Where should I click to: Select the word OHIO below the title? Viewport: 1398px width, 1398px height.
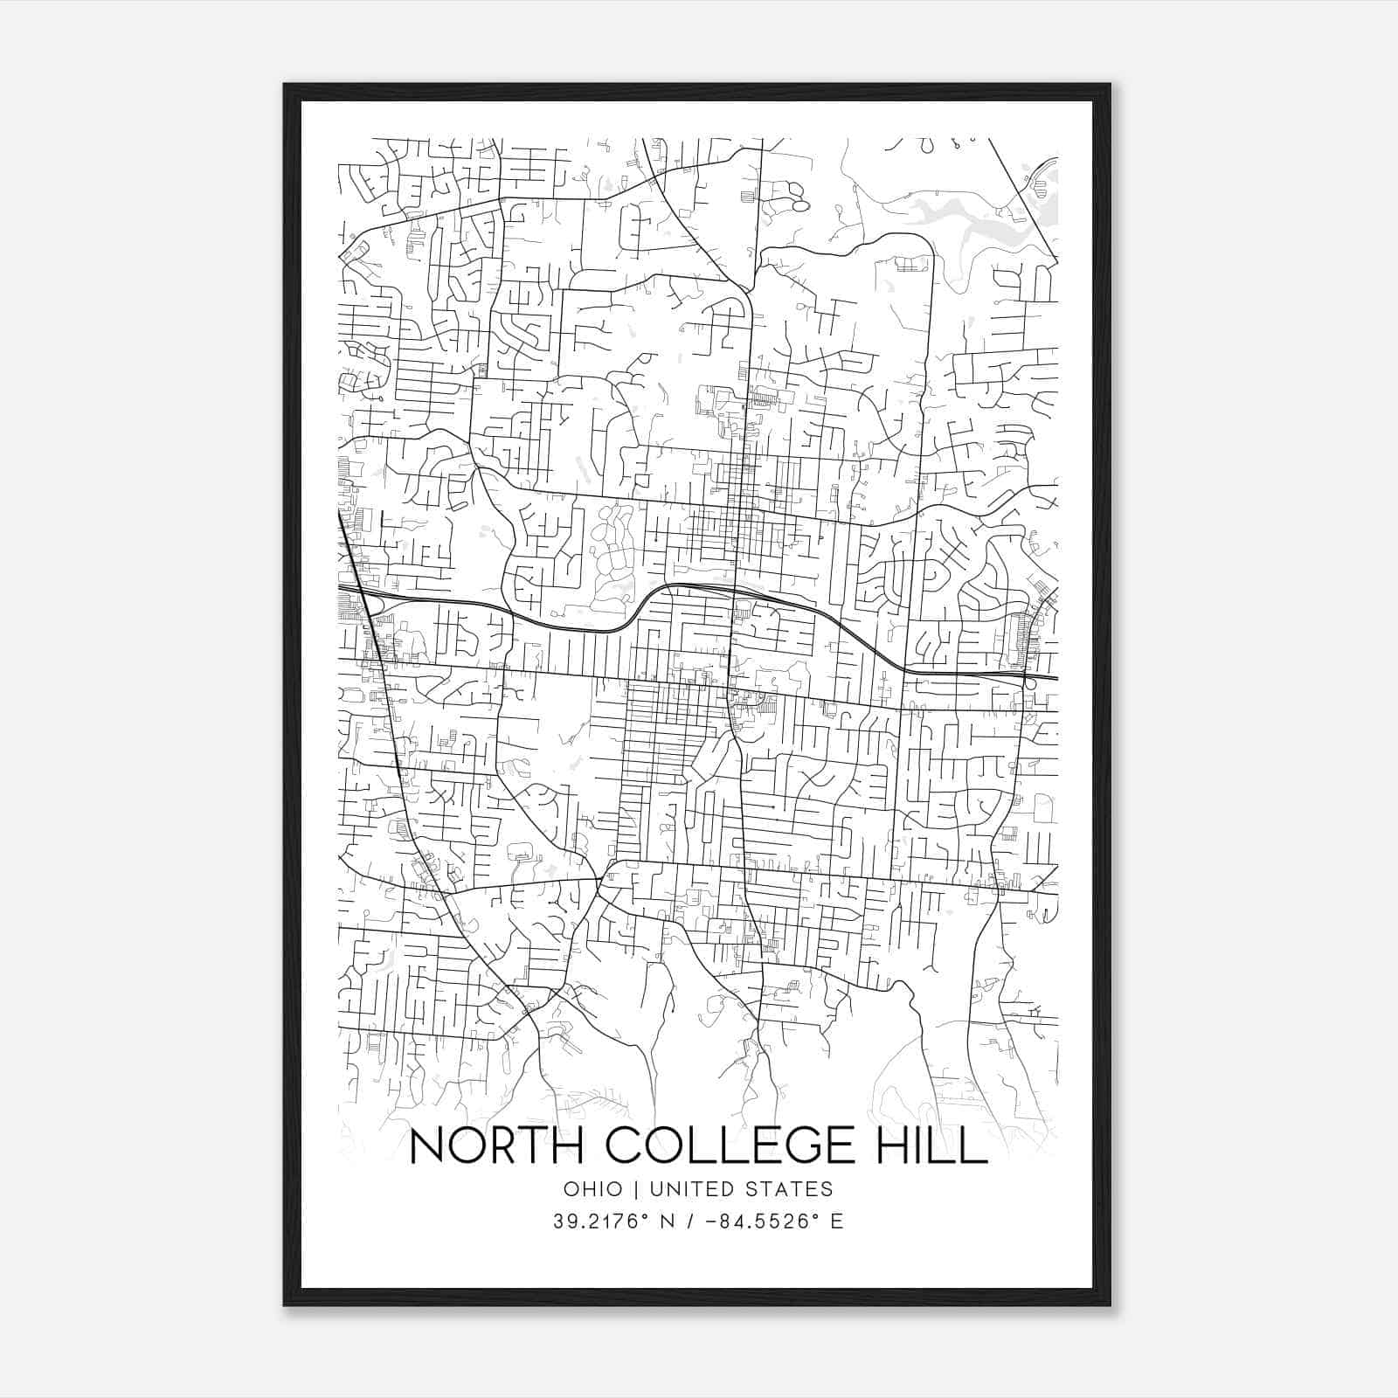(592, 1188)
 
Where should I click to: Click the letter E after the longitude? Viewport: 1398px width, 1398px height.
(837, 1222)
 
